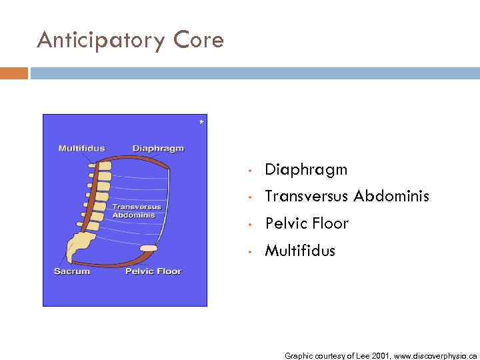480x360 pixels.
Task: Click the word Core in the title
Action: click(x=199, y=40)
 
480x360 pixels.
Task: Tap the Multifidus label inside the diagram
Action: click(x=81, y=148)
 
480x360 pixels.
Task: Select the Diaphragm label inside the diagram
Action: click(x=158, y=148)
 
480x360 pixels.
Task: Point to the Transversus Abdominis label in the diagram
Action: click(x=137, y=211)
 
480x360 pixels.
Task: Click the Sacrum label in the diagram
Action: click(x=72, y=271)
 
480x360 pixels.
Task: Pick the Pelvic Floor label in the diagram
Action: click(x=153, y=271)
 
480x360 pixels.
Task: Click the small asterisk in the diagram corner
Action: click(x=201, y=123)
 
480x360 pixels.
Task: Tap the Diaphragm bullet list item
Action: click(x=306, y=170)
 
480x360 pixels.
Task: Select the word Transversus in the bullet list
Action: click(x=307, y=197)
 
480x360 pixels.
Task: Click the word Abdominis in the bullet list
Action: click(x=391, y=197)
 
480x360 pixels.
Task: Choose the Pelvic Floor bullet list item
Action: click(x=307, y=223)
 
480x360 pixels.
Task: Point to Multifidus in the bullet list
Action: click(x=300, y=251)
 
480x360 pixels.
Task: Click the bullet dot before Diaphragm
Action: click(x=248, y=171)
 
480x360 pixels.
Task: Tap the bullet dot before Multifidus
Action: click(x=248, y=251)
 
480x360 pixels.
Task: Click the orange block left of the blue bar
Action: click(x=14, y=73)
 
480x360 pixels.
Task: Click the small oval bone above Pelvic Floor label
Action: click(x=148, y=248)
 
